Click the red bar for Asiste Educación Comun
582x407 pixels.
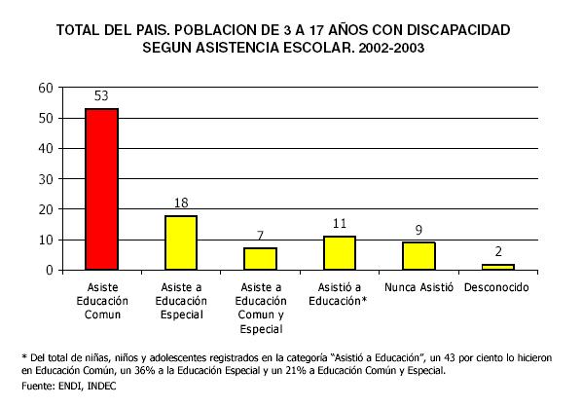click(101, 189)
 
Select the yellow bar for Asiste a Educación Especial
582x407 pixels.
click(181, 242)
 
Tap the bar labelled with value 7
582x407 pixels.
click(260, 259)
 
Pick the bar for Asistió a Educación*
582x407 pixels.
click(340, 253)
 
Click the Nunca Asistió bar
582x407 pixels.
click(418, 256)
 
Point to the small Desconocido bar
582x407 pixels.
click(498, 267)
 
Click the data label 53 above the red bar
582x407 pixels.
click(101, 95)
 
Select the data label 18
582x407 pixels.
click(181, 203)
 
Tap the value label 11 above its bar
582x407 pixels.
click(340, 223)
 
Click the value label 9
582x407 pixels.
click(418, 230)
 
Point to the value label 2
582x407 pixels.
click(498, 252)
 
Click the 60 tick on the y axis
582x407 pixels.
click(46, 88)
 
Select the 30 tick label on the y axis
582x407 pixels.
click(46, 179)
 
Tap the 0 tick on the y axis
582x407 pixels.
click(50, 270)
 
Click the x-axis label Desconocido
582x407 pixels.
click(496, 287)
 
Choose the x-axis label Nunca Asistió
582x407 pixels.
click(418, 287)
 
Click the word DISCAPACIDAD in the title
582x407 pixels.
click(458, 30)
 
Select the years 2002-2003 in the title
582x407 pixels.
click(391, 48)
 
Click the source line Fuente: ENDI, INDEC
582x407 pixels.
click(69, 386)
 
